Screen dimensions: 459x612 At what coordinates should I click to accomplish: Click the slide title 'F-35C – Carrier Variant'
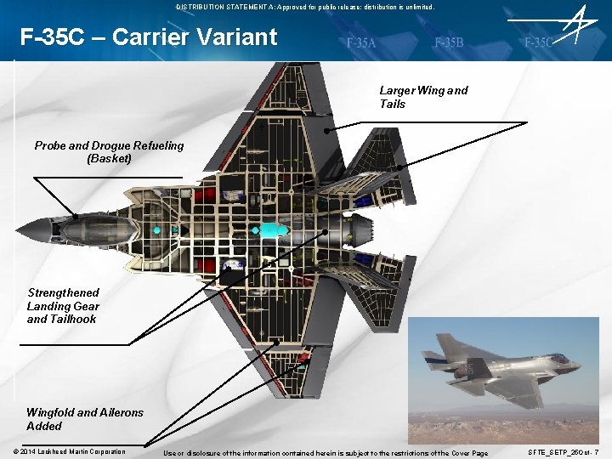[x=149, y=37]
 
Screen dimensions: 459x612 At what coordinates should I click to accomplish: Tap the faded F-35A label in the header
[x=361, y=42]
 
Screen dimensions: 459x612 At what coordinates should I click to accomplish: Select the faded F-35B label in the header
[x=448, y=42]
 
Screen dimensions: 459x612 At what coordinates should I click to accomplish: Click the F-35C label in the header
[x=538, y=42]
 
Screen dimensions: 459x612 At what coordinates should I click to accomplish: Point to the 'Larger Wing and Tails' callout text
[x=423, y=97]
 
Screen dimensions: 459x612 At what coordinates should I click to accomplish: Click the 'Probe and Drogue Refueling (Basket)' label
[x=109, y=151]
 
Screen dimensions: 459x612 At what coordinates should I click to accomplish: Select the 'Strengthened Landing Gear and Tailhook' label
[x=63, y=306]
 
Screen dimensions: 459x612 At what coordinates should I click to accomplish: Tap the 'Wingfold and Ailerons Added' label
[x=85, y=418]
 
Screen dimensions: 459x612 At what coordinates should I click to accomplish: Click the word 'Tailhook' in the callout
[x=73, y=320]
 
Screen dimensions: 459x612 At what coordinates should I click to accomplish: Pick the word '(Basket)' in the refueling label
[x=109, y=158]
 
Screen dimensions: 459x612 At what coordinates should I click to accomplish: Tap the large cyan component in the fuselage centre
[x=275, y=229]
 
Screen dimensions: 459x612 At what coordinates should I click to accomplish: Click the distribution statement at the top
[x=305, y=6]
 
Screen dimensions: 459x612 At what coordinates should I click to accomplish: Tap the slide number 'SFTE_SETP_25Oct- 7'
[x=564, y=452]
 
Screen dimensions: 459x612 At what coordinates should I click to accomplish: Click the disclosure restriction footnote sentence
[x=326, y=453]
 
